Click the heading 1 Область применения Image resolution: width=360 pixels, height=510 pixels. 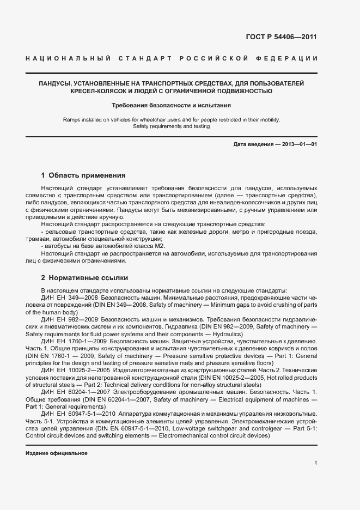[83, 175]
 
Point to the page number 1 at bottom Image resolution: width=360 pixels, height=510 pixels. [316, 463]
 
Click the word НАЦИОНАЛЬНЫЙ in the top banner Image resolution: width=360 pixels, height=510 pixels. [68, 58]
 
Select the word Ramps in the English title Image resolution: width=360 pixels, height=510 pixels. [72, 119]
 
